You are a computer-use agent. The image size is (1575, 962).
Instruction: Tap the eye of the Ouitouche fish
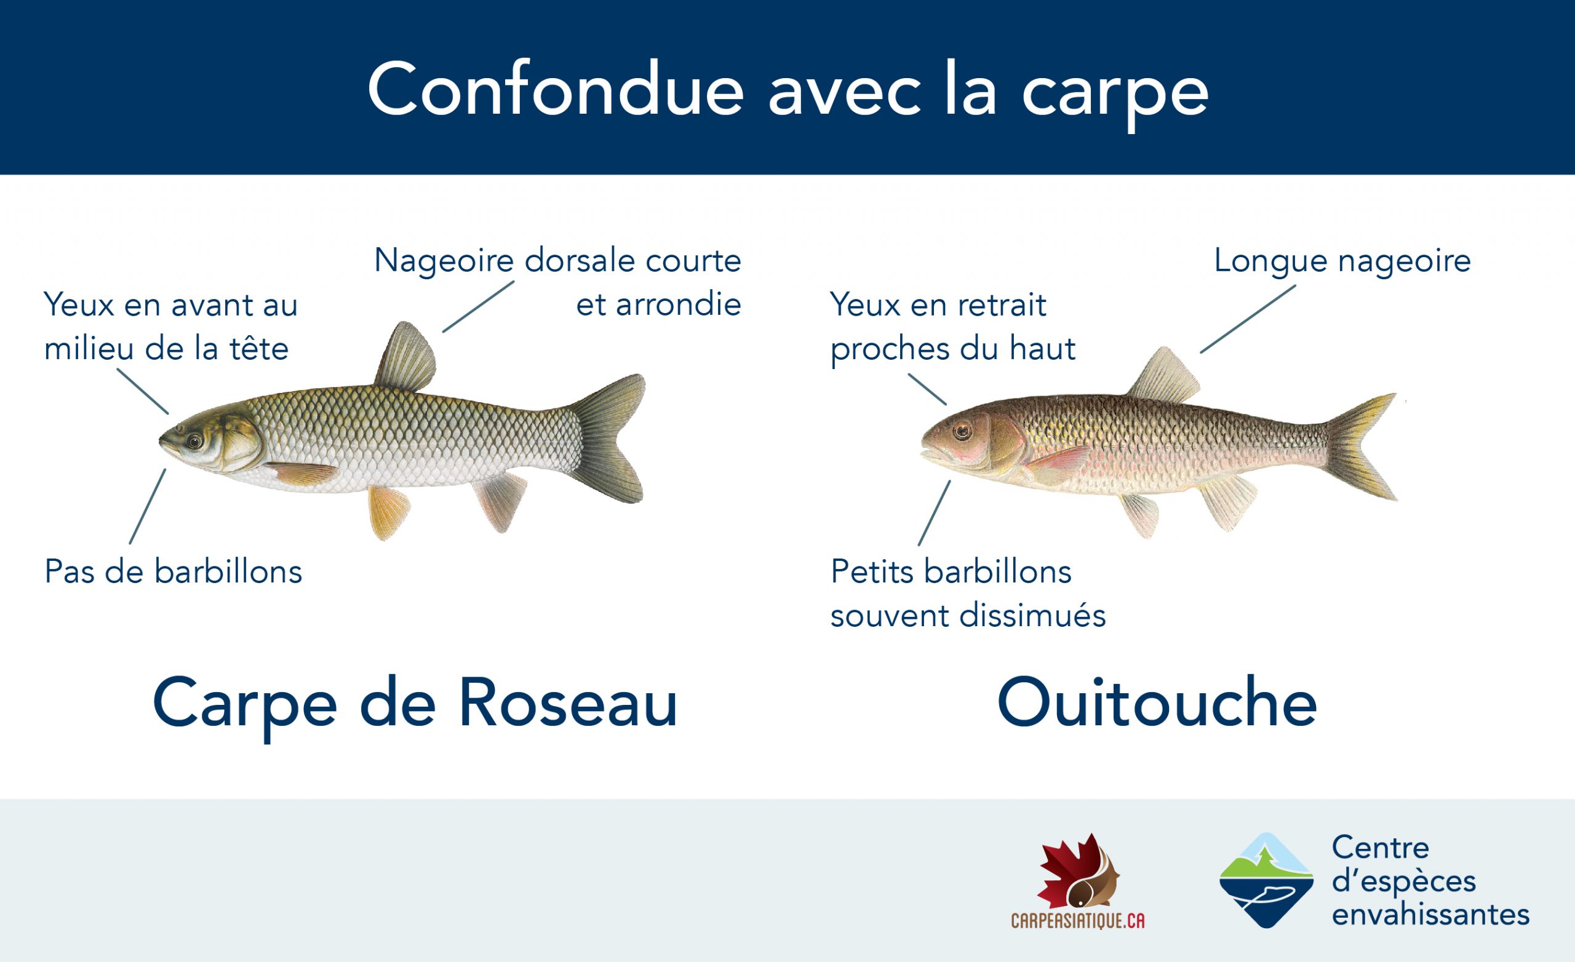962,431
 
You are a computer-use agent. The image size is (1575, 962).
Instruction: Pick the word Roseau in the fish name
568,703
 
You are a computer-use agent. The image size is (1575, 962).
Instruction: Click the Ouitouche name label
1157,703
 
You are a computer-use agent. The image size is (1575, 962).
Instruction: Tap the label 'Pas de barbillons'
173,571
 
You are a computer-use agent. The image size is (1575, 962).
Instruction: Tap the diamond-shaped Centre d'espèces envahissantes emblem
1266,880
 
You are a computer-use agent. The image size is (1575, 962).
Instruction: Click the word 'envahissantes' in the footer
1430,914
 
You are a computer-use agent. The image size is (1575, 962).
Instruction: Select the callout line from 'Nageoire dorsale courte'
478,307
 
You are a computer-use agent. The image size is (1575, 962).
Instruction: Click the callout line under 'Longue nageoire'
1248,319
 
